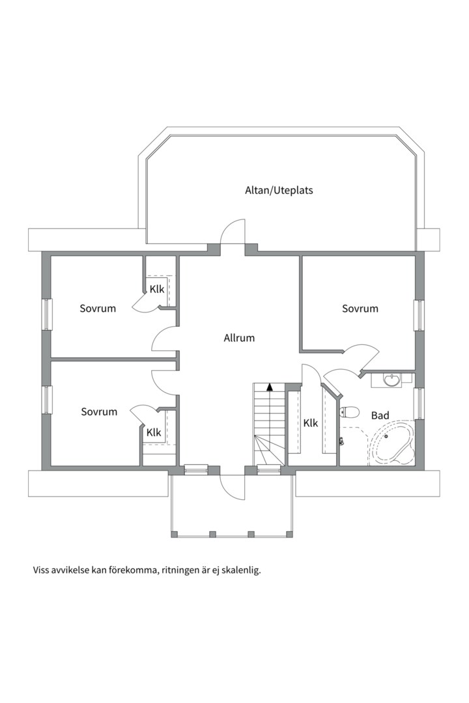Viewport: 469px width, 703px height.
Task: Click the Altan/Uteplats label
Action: pos(279,191)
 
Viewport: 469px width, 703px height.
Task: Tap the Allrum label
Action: pos(239,338)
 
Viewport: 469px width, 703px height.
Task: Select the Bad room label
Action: pos(380,415)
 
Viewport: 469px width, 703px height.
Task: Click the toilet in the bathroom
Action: pos(350,411)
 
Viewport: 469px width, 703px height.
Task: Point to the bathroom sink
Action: pos(392,379)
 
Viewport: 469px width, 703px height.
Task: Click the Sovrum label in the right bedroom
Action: pos(360,309)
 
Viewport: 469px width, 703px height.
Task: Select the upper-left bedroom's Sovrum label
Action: pos(98,309)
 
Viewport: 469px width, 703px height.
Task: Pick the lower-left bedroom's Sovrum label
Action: pos(99,411)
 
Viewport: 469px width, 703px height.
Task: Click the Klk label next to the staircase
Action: pos(311,423)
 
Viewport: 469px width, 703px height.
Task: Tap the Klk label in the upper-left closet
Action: pos(157,289)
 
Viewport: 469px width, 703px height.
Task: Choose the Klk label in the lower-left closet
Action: pos(154,432)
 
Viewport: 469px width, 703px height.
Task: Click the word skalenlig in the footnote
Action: pos(240,570)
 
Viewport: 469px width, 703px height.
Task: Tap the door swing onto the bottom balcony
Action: pos(233,487)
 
